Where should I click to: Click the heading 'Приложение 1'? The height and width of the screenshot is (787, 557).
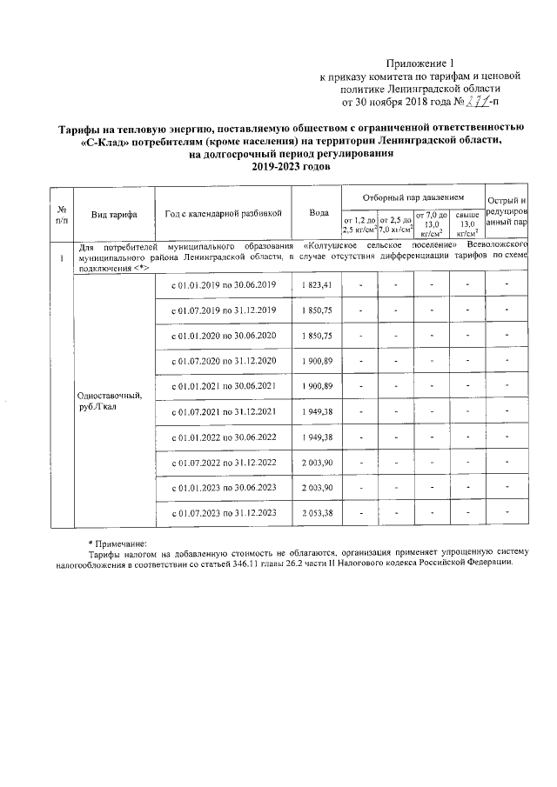point(420,63)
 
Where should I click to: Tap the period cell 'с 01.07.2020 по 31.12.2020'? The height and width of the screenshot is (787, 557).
point(223,360)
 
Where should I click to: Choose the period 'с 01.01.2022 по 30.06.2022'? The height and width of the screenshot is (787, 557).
point(223,437)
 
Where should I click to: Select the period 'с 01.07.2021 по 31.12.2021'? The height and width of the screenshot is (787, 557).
point(223,410)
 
